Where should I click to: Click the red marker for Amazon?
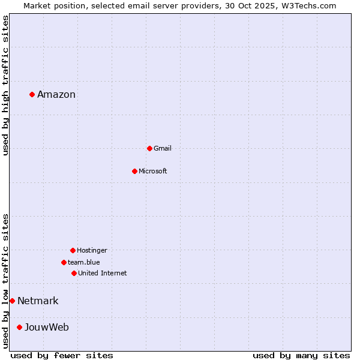[32, 94]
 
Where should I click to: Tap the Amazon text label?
[56, 94]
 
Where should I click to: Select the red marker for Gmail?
[149, 148]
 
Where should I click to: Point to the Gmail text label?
[163, 148]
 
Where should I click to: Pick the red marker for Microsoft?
[134, 171]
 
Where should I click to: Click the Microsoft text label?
[153, 171]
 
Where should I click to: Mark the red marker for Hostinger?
[73, 250]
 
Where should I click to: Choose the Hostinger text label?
[92, 250]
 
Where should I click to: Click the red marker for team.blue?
[64, 262]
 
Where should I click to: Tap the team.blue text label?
[84, 262]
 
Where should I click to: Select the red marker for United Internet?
[74, 273]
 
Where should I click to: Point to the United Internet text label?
[103, 273]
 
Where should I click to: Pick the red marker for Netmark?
[12, 301]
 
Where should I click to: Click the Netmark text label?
[38, 301]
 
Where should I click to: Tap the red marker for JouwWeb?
[19, 327]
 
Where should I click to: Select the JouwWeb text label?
[47, 327]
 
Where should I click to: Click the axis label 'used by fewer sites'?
[62, 355]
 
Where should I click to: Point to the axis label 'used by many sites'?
[301, 355]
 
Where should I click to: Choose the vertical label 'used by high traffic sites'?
[6, 85]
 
